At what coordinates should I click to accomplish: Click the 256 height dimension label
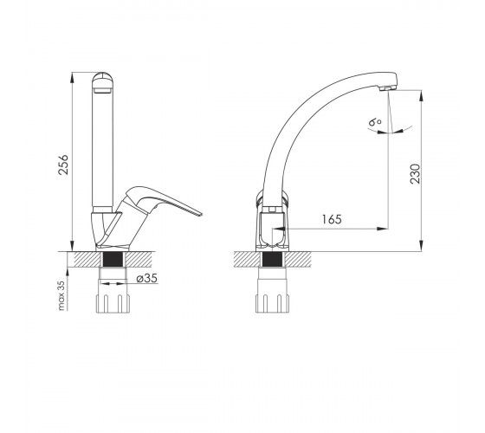(63, 165)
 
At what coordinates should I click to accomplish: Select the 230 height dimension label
(416, 174)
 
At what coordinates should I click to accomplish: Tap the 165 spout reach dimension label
(332, 219)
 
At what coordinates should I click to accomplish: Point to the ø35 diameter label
(147, 278)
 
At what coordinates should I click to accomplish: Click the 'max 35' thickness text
(61, 295)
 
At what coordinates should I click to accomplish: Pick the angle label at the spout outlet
(375, 122)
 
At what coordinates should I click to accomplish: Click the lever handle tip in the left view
(200, 215)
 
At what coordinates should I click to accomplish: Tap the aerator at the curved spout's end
(386, 88)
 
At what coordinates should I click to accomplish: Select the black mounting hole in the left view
(113, 259)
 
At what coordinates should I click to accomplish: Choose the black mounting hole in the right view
(272, 259)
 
